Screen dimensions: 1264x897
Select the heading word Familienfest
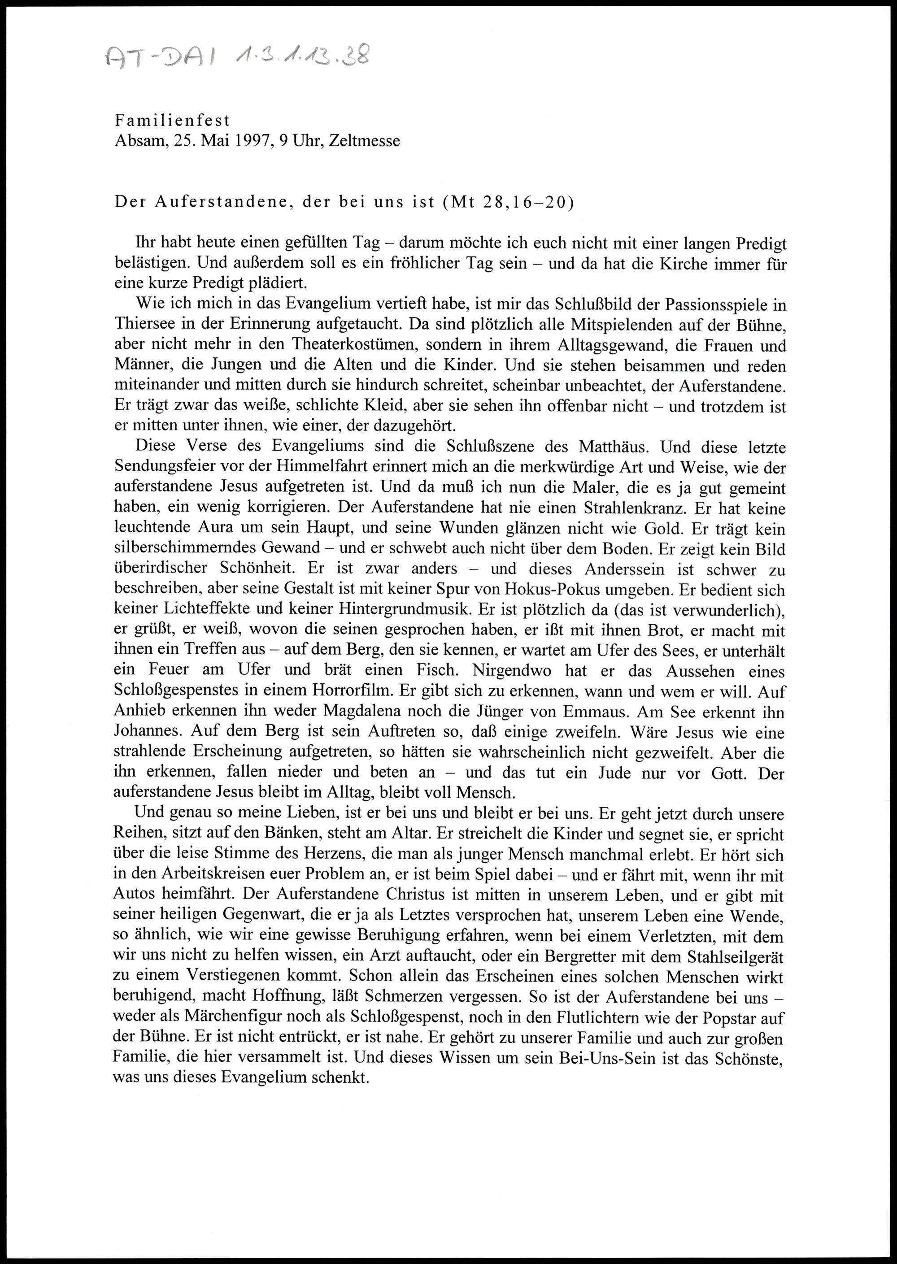coord(172,120)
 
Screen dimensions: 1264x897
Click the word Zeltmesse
coord(364,141)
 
